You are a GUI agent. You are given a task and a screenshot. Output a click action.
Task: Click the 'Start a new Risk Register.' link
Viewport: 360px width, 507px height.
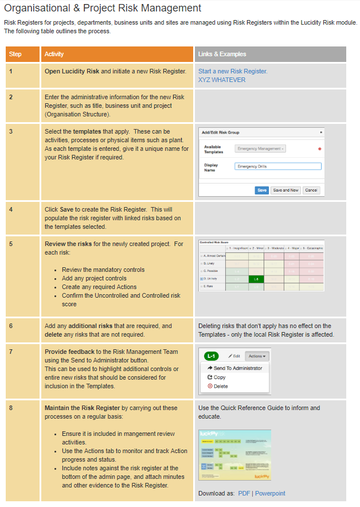tap(233, 72)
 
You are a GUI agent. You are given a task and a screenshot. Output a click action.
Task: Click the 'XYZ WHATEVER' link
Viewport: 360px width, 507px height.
tap(221, 80)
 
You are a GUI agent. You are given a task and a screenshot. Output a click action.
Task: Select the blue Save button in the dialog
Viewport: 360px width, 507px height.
tap(261, 190)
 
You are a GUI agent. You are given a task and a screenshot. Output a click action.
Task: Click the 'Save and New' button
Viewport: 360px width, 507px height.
tap(285, 190)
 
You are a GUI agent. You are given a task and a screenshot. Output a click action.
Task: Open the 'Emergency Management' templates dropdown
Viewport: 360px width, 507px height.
tap(260, 149)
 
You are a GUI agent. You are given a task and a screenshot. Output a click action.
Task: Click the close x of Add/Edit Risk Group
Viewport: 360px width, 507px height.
tap(321, 132)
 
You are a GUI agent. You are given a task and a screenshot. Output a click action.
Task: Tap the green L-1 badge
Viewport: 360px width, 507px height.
tap(211, 356)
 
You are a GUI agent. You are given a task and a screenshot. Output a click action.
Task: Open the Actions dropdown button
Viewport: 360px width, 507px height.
tap(256, 356)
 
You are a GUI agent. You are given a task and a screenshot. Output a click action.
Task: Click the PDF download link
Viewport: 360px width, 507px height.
tap(244, 493)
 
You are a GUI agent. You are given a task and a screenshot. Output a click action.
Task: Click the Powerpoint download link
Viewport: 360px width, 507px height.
tap(270, 493)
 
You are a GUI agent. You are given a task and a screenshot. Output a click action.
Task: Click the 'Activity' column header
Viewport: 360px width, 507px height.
tap(54, 54)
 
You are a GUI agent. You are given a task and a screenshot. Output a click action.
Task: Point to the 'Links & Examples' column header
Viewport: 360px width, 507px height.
tap(222, 54)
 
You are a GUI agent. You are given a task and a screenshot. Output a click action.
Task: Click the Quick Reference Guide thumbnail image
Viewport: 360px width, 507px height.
tap(234, 455)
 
